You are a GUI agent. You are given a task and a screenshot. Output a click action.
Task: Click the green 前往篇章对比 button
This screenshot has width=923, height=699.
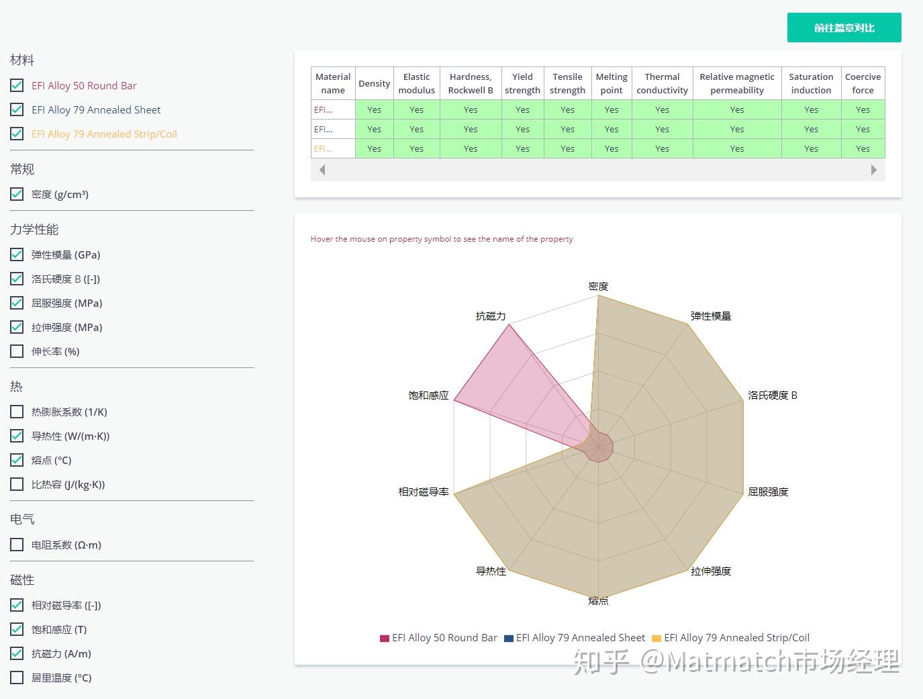pyautogui.click(x=844, y=28)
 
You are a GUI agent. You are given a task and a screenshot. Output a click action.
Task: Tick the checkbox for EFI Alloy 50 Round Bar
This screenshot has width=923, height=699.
pyautogui.click(x=17, y=85)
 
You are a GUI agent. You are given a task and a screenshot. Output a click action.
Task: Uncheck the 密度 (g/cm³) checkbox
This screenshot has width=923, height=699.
pyautogui.click(x=17, y=194)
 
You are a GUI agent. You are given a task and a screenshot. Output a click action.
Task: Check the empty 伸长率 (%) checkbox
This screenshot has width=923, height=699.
pyautogui.click(x=17, y=351)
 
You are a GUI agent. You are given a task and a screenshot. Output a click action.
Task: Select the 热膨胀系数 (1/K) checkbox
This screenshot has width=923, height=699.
pyautogui.click(x=17, y=412)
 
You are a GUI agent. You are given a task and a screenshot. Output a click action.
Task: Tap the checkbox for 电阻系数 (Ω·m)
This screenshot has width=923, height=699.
pyautogui.click(x=17, y=545)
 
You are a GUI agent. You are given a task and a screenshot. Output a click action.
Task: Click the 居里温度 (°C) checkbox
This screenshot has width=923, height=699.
pyautogui.click(x=17, y=678)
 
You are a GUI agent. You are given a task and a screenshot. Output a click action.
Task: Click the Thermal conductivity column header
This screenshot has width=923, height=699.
pyautogui.click(x=662, y=83)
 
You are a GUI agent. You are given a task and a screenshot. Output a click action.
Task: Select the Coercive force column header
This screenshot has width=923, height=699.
pyautogui.click(x=863, y=83)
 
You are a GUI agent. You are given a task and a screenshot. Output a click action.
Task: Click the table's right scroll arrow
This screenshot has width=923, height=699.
pyautogui.click(x=873, y=170)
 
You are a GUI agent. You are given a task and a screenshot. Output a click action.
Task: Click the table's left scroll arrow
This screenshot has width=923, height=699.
pyautogui.click(x=322, y=170)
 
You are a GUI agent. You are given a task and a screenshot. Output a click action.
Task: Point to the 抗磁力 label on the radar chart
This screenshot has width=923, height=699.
pyautogui.click(x=490, y=316)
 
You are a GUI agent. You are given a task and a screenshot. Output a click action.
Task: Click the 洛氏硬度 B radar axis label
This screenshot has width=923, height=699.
pyautogui.click(x=773, y=395)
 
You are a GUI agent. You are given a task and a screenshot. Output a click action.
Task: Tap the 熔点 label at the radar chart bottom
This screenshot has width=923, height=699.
pyautogui.click(x=598, y=601)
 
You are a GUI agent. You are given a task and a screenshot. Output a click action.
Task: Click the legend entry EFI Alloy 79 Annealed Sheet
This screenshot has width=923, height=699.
pyautogui.click(x=580, y=638)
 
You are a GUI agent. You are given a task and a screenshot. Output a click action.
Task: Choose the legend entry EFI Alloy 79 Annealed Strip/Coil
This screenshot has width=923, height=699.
pyautogui.click(x=736, y=638)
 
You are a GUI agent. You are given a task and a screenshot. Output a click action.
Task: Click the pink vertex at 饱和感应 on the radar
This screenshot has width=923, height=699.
pyautogui.click(x=454, y=400)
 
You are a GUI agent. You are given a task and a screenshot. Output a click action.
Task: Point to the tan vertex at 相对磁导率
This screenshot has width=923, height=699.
pyautogui.click(x=454, y=494)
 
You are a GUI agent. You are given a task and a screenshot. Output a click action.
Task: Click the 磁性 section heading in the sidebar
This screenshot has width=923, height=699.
pyautogui.click(x=22, y=579)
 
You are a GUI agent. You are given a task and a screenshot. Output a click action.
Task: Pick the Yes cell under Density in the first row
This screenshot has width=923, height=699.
pyautogui.click(x=374, y=109)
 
